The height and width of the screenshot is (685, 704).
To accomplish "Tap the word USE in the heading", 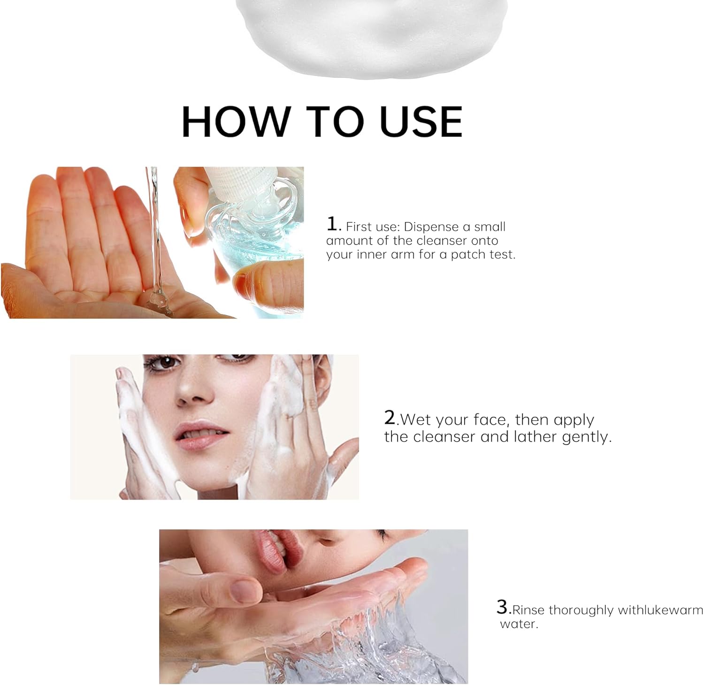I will (x=421, y=122).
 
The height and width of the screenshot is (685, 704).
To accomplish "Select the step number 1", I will (x=332, y=224).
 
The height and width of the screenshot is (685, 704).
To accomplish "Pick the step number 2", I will (x=390, y=417).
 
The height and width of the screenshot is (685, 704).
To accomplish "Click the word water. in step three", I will (x=519, y=624).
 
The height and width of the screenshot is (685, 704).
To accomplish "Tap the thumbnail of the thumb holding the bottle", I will (x=238, y=282).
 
